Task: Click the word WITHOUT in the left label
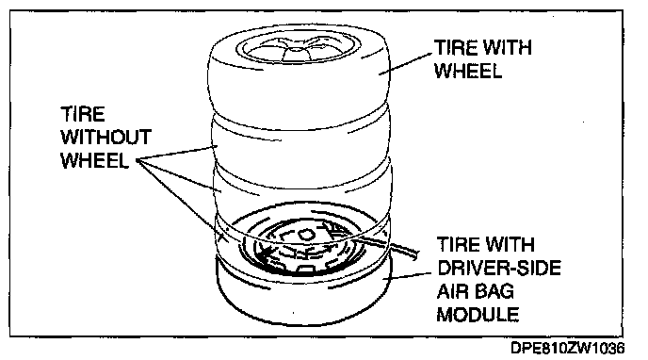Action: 106,138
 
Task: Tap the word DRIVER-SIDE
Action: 499,269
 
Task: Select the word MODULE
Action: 478,315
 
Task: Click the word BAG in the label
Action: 493,291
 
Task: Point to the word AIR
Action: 450,291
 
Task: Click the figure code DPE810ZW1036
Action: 568,348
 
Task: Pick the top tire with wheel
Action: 299,74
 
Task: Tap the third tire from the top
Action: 300,186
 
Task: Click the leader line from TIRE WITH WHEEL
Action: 406,64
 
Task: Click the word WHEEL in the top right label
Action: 468,71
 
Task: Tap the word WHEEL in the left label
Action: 94,160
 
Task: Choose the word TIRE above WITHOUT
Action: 83,114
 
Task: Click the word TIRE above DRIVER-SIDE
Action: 459,245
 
